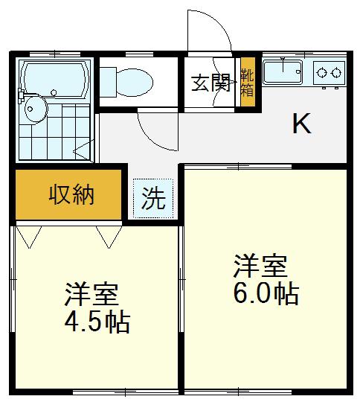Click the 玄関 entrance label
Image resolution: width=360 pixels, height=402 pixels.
click(211, 83)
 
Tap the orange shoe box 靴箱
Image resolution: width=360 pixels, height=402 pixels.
click(248, 82)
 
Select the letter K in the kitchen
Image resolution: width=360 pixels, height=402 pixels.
click(302, 124)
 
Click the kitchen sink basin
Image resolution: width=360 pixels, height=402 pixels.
click(283, 72)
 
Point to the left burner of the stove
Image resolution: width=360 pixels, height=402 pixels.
click(321, 73)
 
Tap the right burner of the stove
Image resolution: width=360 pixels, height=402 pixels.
click(336, 73)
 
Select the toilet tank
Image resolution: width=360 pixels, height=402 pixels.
click(108, 82)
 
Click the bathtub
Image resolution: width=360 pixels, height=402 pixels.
click(54, 80)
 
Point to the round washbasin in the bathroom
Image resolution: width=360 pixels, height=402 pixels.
click(36, 109)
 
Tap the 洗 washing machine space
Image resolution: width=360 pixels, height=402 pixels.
click(153, 199)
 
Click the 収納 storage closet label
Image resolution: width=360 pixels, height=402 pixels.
click(71, 195)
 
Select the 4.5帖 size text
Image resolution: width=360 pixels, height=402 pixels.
click(97, 322)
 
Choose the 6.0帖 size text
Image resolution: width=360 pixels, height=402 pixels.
click(266, 294)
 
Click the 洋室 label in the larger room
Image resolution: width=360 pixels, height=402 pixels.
click(260, 266)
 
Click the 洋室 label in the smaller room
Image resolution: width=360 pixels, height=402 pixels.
click(91, 294)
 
